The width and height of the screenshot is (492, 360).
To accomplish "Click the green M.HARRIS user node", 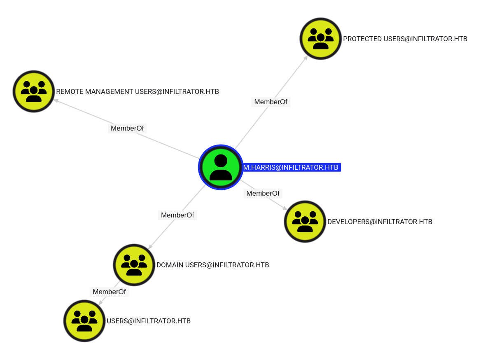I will tap(221, 167).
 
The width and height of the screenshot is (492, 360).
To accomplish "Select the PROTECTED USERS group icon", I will tap(321, 39).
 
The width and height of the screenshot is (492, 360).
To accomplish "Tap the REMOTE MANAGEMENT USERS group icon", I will tap(34, 91).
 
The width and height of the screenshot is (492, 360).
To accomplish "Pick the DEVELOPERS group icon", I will tap(305, 222).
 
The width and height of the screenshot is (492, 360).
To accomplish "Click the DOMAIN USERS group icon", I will tap(134, 265).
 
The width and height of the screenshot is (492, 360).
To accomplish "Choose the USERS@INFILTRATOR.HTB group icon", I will tap(84, 321).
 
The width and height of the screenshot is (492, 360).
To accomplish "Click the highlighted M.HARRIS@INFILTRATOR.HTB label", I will tap(291, 167).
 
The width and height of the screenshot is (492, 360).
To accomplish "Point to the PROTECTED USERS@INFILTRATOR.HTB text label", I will tap(405, 39).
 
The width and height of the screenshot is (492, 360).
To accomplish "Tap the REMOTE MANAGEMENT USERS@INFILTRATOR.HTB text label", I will tap(138, 91).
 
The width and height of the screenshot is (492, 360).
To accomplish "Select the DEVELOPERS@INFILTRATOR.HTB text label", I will tap(380, 222).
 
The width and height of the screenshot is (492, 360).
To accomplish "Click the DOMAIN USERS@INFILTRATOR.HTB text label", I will tap(212, 265).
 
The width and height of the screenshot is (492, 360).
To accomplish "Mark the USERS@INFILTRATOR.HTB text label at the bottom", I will tap(149, 321).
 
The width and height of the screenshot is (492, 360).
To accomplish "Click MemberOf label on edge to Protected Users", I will tap(271, 102).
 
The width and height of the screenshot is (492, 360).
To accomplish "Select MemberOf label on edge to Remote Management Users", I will tap(127, 128).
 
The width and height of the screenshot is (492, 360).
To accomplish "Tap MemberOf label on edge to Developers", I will tap(263, 193).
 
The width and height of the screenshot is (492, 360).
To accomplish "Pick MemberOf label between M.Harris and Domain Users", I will tap(177, 215).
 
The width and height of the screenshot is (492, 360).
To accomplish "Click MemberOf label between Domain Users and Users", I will tap(109, 292).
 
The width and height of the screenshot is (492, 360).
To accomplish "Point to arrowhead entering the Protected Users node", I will tap(305, 58).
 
